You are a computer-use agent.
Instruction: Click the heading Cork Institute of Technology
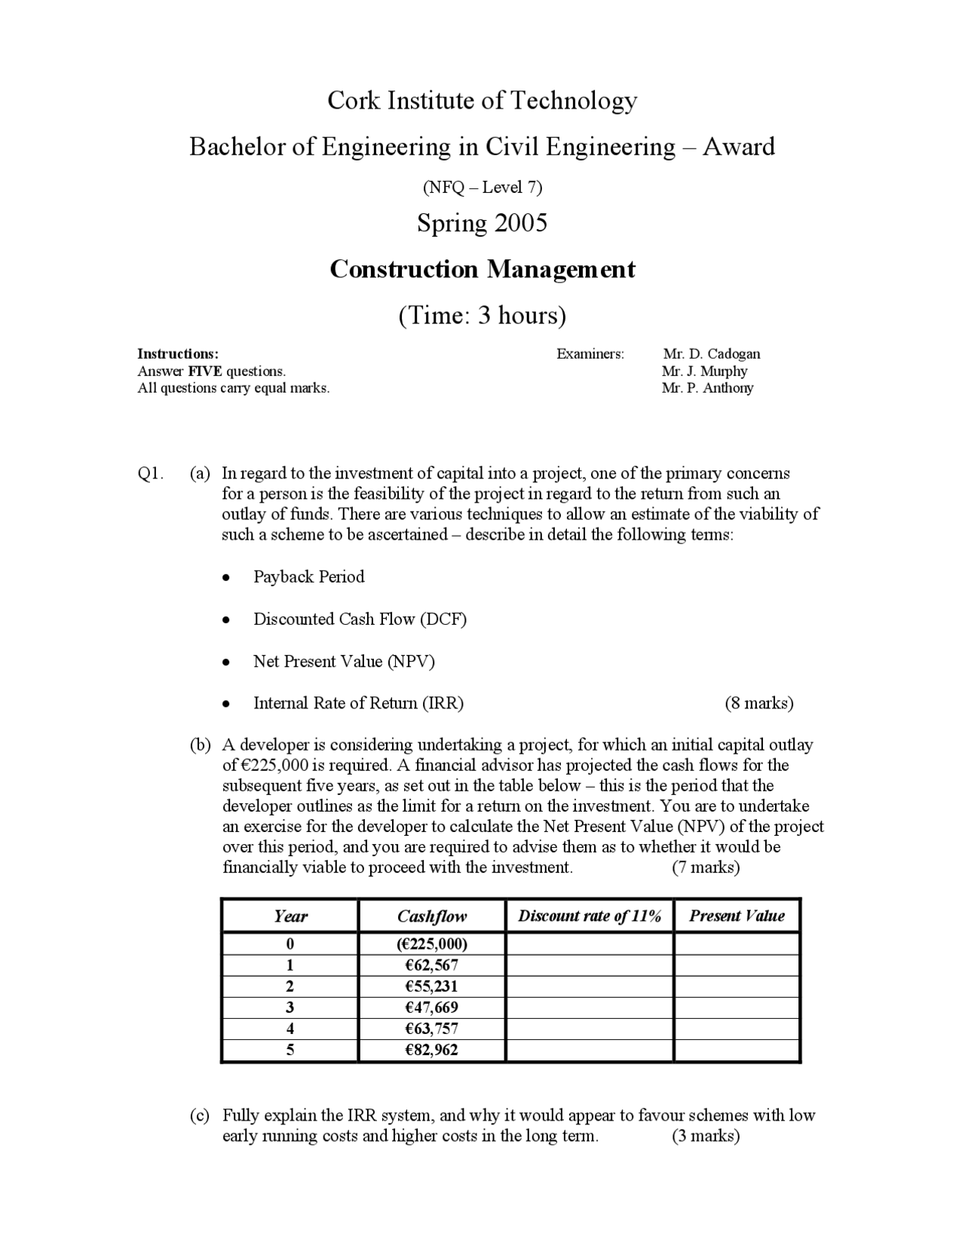coord(482,100)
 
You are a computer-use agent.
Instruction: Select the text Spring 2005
coord(482,223)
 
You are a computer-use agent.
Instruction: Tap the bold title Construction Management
coord(482,269)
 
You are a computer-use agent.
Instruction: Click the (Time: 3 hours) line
coord(482,315)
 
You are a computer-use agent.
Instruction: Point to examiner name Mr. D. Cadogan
coord(711,353)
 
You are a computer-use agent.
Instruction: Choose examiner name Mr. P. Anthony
coord(707,388)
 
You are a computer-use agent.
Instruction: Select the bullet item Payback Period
coord(308,577)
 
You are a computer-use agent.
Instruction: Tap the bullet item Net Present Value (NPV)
coord(344,661)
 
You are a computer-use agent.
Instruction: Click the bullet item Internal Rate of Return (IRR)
coord(358,703)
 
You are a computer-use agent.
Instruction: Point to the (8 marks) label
coord(758,703)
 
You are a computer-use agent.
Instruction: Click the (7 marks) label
coord(706,867)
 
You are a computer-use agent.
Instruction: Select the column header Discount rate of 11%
coord(590,916)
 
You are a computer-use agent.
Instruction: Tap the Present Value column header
coord(737,916)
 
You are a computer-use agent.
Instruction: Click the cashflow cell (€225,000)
coord(431,944)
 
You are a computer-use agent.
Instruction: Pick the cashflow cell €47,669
coord(431,1008)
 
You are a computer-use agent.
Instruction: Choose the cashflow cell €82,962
coord(431,1050)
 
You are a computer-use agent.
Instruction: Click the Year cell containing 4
coord(290,1029)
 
